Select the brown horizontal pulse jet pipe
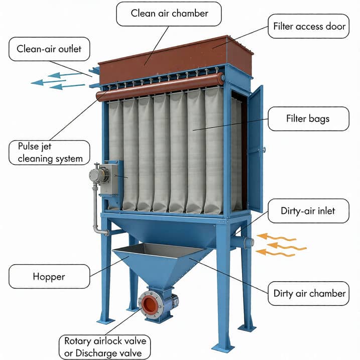click(161, 86)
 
